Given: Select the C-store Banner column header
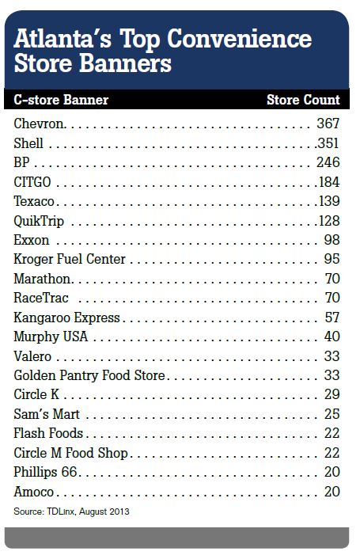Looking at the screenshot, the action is coord(61,100).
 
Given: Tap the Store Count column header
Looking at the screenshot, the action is coord(303,100).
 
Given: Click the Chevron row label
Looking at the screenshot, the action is coord(39,124).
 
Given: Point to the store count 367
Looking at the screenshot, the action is coord(328,124).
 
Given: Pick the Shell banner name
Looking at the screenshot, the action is coord(28,143).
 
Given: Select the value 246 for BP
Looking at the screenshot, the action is coord(328,162).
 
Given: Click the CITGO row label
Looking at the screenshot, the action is coord(32,182).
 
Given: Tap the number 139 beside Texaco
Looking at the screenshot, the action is coord(329,201).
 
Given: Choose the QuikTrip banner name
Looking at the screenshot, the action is coord(39,221).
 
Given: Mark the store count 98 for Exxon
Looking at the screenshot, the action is coord(332,240).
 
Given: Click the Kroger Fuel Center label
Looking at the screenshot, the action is coord(70,259).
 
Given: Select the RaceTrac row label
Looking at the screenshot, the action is coord(41,298).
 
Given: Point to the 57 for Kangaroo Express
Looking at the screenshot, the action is coord(332,318).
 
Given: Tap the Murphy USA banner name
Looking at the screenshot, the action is coord(51,337).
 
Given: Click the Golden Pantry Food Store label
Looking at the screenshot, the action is coord(89,375).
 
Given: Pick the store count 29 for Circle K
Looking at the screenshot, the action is coord(332,394).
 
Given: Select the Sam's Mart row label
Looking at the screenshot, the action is coord(47,414).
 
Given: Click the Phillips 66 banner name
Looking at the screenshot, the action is coord(45,472).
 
